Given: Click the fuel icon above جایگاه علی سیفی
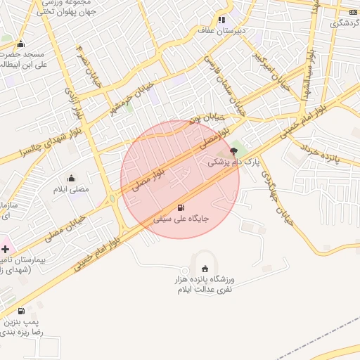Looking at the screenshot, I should coord(181,207).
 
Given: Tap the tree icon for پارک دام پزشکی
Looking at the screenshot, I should coord(234,150).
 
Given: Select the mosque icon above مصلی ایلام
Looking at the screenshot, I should coord(71,179).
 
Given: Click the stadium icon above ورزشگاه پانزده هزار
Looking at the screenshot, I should coord(205,269).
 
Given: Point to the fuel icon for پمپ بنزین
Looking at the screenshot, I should coord(21,311).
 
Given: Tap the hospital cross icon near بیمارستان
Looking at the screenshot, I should coord(5,249).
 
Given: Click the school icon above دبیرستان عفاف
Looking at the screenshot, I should coord(222,20).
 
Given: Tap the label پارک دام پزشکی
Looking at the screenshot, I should coord(233,162).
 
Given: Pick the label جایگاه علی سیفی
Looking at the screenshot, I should coord(181,219).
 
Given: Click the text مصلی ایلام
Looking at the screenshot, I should coord(71,190).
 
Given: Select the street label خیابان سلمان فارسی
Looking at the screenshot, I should coord(224,84).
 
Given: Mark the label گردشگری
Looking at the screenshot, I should coord(344,23).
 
